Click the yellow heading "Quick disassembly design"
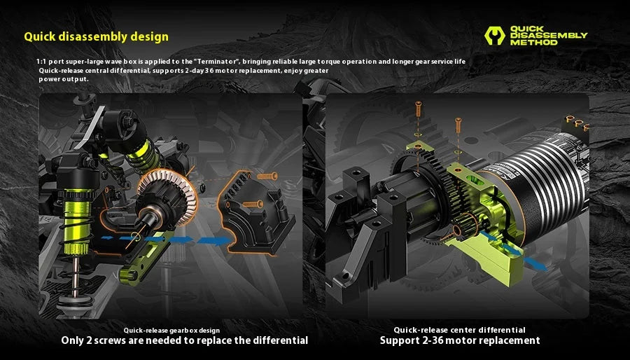point(96,36)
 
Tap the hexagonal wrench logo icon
point(495,36)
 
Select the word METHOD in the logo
point(534,42)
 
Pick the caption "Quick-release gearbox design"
point(171,331)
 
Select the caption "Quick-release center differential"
point(459,330)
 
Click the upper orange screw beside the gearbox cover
point(267,176)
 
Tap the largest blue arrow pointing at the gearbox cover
point(215,240)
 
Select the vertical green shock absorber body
point(78,221)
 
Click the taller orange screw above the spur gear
point(418,109)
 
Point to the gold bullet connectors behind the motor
point(577,123)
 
